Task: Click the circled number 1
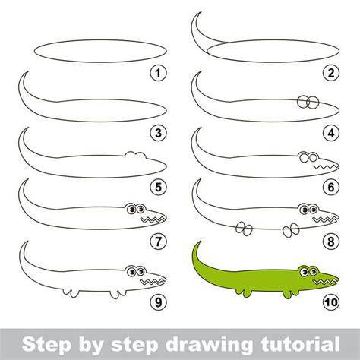(x=158, y=74)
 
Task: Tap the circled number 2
(x=331, y=73)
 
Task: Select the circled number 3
(x=158, y=133)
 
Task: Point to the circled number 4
(x=331, y=133)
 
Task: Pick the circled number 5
(x=158, y=187)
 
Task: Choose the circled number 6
(x=331, y=187)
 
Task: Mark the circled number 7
(x=158, y=242)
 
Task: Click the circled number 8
(x=331, y=242)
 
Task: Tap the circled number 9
(x=158, y=302)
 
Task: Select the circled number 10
(x=331, y=302)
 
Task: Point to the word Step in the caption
(x=46, y=344)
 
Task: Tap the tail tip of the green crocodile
(x=201, y=242)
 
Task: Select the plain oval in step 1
(x=100, y=51)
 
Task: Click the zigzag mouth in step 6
(x=326, y=166)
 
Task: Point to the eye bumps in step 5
(x=135, y=155)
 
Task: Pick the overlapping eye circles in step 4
(x=308, y=102)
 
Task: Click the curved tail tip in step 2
(x=201, y=13)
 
